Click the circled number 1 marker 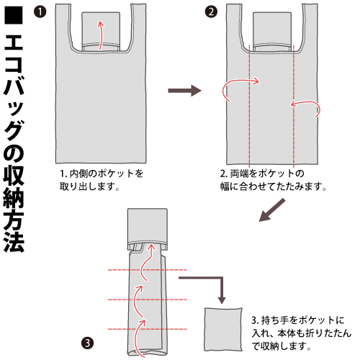click(x=40, y=12)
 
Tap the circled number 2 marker click(x=211, y=12)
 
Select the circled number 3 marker click(x=87, y=343)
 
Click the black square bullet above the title click(x=14, y=15)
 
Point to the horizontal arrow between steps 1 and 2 click(x=184, y=91)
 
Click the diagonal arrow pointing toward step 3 click(x=272, y=210)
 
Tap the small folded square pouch click(x=223, y=330)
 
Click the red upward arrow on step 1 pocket click(x=101, y=35)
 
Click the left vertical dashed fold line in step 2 click(x=250, y=107)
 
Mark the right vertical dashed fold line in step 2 click(x=294, y=107)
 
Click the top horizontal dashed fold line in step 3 click(x=148, y=270)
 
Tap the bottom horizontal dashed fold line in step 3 click(x=148, y=329)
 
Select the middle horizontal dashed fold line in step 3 click(x=148, y=300)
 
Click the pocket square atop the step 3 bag click(x=148, y=226)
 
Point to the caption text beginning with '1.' click(x=102, y=180)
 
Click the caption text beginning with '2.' click(x=274, y=180)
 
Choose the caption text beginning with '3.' click(x=302, y=333)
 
